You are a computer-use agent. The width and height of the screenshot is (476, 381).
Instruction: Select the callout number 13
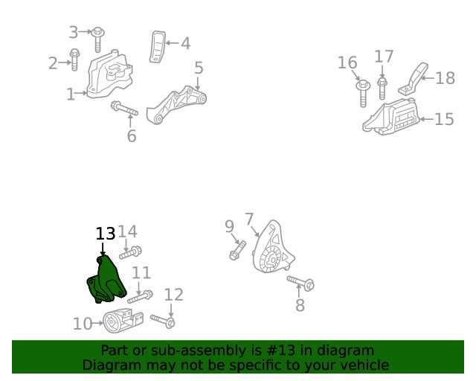click(x=106, y=234)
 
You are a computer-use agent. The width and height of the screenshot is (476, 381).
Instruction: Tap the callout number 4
click(x=185, y=43)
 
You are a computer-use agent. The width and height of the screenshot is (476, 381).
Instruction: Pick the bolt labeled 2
click(x=74, y=59)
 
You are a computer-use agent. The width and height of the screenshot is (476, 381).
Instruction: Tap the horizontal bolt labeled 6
click(x=124, y=110)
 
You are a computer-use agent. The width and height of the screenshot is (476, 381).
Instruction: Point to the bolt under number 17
click(x=382, y=88)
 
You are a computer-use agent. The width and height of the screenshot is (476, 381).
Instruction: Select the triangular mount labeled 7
click(x=272, y=250)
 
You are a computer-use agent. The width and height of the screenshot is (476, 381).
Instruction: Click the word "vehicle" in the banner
click(x=362, y=365)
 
